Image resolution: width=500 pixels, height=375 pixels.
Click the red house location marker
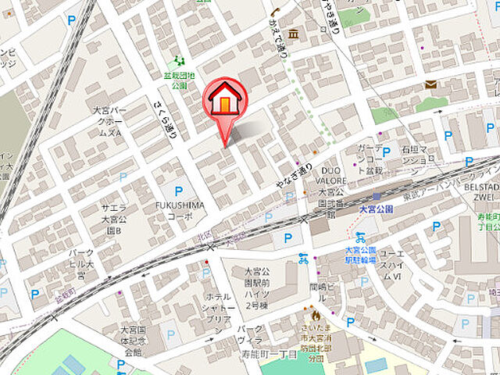click(225, 104)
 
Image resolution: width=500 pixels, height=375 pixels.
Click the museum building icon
click(293, 34)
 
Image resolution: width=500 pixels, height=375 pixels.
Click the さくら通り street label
click(166, 118)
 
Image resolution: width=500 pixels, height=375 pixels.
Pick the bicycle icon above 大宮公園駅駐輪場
click(360, 236)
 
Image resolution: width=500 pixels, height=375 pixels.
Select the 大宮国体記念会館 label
click(130, 341)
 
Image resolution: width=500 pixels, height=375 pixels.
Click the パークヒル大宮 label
click(82, 263)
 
